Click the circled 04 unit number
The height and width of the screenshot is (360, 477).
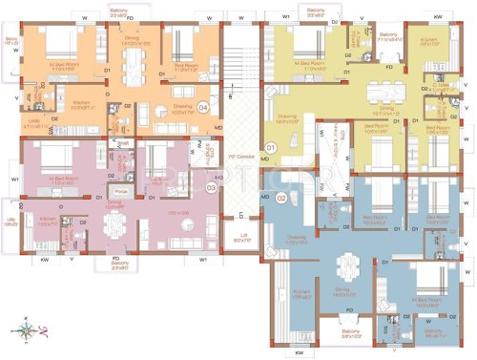coord(203,108)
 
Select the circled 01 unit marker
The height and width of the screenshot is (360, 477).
coord(270,148)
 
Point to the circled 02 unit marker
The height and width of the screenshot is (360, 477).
coord(281,199)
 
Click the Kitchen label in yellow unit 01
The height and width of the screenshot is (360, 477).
coord(429,41)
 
